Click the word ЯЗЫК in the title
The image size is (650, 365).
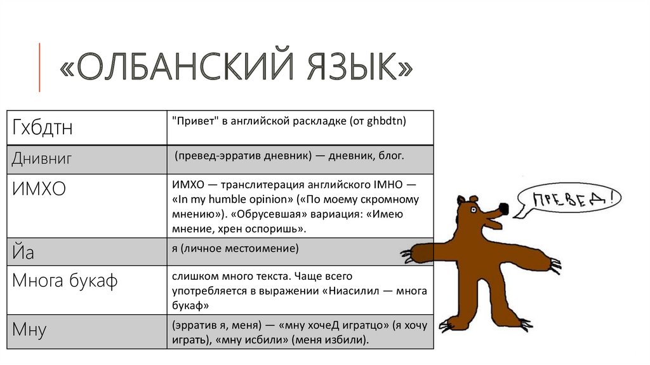354,66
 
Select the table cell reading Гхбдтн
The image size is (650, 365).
86,127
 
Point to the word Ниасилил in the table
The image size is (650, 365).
354,291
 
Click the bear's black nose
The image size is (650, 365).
503,209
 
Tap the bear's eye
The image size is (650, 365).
474,210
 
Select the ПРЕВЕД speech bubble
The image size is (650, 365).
569,200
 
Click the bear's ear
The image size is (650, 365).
461,200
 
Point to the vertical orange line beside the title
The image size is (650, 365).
39,67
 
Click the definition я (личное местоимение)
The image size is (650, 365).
235,249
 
